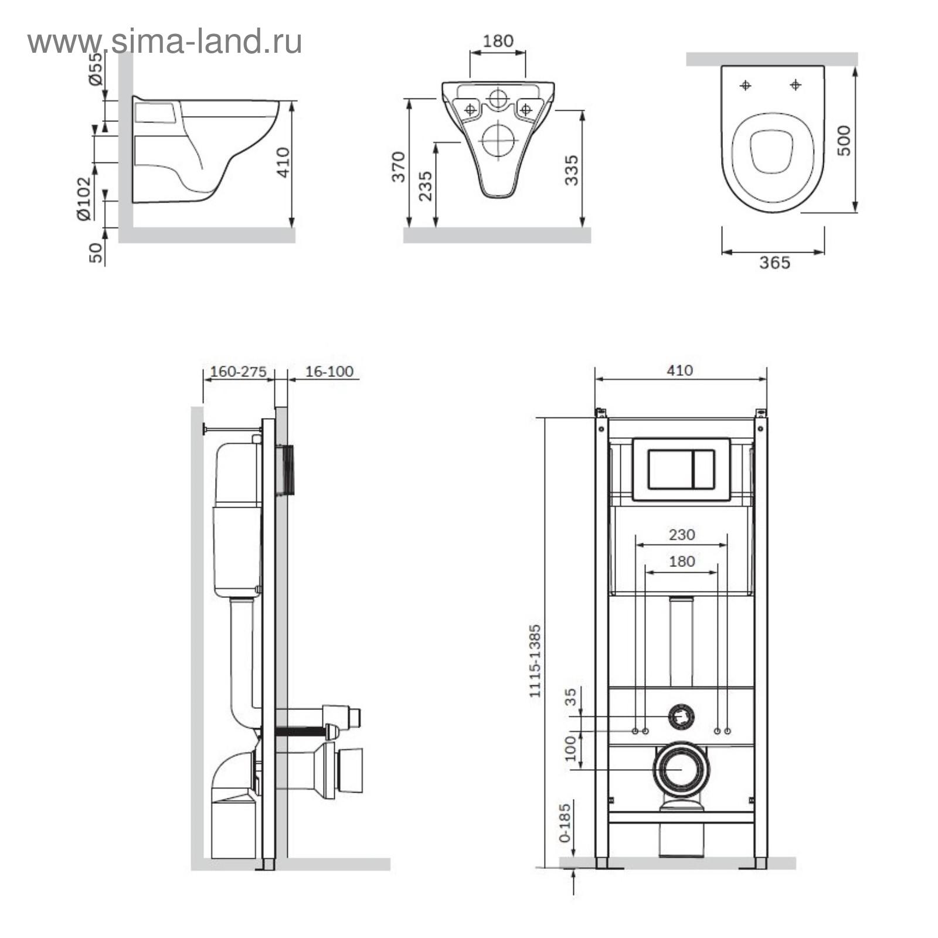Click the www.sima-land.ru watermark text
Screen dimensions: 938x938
[165, 42]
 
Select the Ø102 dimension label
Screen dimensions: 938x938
[84, 199]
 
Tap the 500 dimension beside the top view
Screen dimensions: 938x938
[844, 140]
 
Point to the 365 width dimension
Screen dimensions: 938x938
[774, 263]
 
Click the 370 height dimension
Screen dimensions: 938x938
[399, 166]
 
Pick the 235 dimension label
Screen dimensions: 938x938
[426, 186]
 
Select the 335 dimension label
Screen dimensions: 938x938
[571, 170]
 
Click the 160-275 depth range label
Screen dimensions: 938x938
[238, 372]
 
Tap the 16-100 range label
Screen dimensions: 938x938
[329, 372]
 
